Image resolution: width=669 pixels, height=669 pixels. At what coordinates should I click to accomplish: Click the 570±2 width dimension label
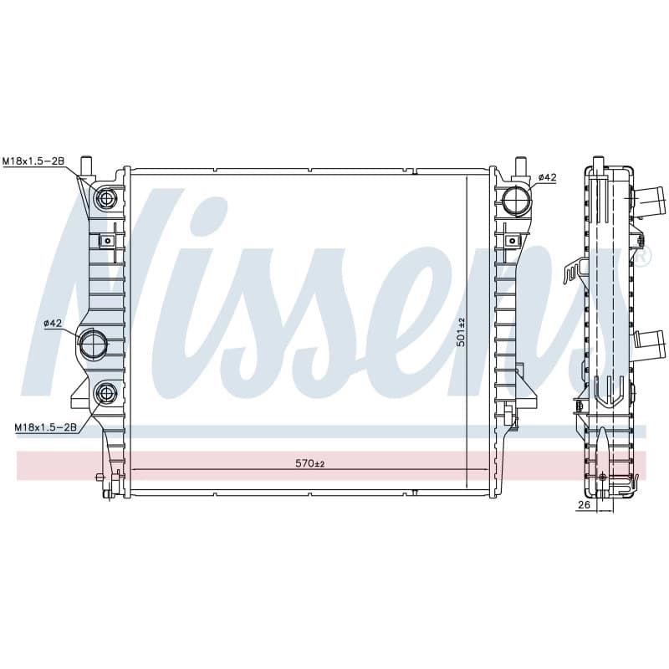[310, 463]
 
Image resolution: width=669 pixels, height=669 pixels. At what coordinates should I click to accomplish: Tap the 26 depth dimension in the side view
[584, 505]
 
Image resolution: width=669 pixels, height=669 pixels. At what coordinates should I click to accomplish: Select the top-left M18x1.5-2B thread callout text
[33, 161]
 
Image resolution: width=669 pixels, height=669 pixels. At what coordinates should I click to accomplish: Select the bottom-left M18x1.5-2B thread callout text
[46, 426]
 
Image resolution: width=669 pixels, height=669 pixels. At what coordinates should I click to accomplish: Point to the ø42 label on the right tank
[548, 177]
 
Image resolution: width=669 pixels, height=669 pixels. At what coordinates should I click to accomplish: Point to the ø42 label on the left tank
[53, 324]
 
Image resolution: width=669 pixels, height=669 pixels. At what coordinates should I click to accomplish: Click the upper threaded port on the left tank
[105, 198]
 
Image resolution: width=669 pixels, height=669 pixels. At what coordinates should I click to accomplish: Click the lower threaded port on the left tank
[105, 393]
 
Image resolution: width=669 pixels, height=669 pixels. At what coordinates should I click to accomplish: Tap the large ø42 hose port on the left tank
[92, 344]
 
